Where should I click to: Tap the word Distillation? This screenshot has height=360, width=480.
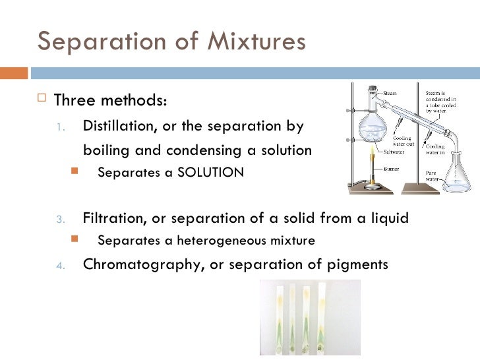coord(115,125)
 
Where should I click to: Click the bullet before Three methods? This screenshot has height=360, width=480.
coord(44,101)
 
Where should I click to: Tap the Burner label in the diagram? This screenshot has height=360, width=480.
coord(393,169)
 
